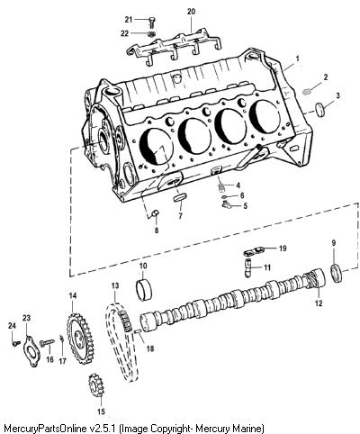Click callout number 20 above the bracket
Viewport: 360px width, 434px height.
pyautogui.click(x=191, y=12)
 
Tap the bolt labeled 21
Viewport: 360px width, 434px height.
pyautogui.click(x=152, y=23)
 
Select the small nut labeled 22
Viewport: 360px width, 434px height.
pyautogui.click(x=151, y=33)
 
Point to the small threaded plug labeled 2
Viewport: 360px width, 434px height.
pyautogui.click(x=307, y=91)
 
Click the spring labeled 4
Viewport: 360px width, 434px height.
pyautogui.click(x=221, y=186)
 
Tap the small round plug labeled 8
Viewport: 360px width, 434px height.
pyautogui.click(x=157, y=213)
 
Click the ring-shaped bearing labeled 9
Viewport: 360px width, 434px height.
pyautogui.click(x=337, y=273)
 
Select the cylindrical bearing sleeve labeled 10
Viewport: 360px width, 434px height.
pyautogui.click(x=144, y=290)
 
